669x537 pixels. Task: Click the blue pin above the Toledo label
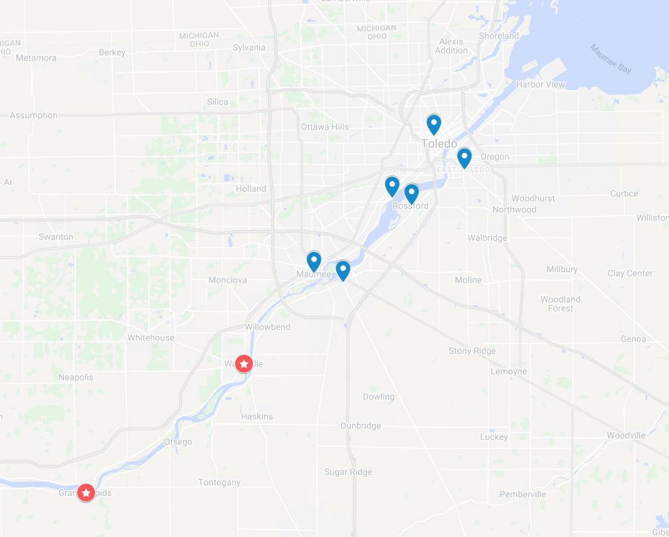pos(433,124)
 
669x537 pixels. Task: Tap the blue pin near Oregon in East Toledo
pos(464,157)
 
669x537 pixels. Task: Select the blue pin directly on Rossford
pos(412,193)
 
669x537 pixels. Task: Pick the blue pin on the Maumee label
pos(314,261)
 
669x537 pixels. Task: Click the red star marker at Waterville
pos(244,363)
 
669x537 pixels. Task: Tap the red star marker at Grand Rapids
pos(86,493)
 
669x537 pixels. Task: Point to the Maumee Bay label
pos(610,59)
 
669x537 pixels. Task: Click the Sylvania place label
pos(249,48)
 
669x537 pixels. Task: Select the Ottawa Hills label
pos(324,127)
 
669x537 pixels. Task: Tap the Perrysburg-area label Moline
pos(468,280)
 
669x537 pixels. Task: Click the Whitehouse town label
pos(151,338)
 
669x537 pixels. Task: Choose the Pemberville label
pos(522,494)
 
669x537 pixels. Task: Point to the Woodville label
pos(626,435)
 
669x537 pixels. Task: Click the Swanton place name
pos(56,237)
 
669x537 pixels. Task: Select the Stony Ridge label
pos(472,351)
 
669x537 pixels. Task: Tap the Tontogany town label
pos(219,482)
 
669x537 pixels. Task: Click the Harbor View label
pos(540,85)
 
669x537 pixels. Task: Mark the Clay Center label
pos(630,273)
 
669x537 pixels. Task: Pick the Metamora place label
pos(36,58)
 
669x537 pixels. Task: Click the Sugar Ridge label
pos(348,472)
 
